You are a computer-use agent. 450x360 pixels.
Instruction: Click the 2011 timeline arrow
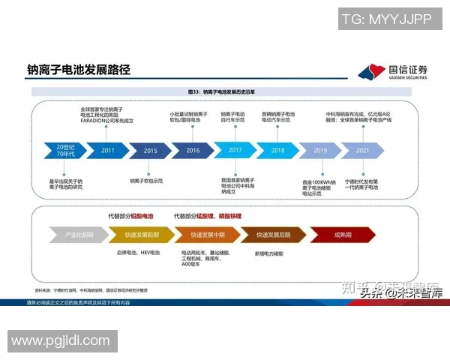(108, 150)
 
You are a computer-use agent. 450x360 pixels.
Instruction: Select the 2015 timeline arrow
(150, 150)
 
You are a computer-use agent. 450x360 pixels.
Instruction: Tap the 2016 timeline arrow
(193, 150)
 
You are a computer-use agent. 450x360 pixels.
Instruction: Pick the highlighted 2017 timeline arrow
(235, 150)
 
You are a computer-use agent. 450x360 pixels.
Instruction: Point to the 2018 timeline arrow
(277, 150)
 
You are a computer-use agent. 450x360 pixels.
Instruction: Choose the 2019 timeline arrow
(320, 150)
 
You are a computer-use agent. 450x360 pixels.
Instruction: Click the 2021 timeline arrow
(363, 150)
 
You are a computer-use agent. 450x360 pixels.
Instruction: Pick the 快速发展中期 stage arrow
(208, 235)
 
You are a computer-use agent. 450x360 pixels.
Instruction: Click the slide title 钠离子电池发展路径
(78, 70)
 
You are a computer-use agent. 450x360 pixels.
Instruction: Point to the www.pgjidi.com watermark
(60, 341)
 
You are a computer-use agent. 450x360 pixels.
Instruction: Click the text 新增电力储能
(271, 253)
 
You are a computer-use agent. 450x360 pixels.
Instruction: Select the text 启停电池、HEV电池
(139, 253)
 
